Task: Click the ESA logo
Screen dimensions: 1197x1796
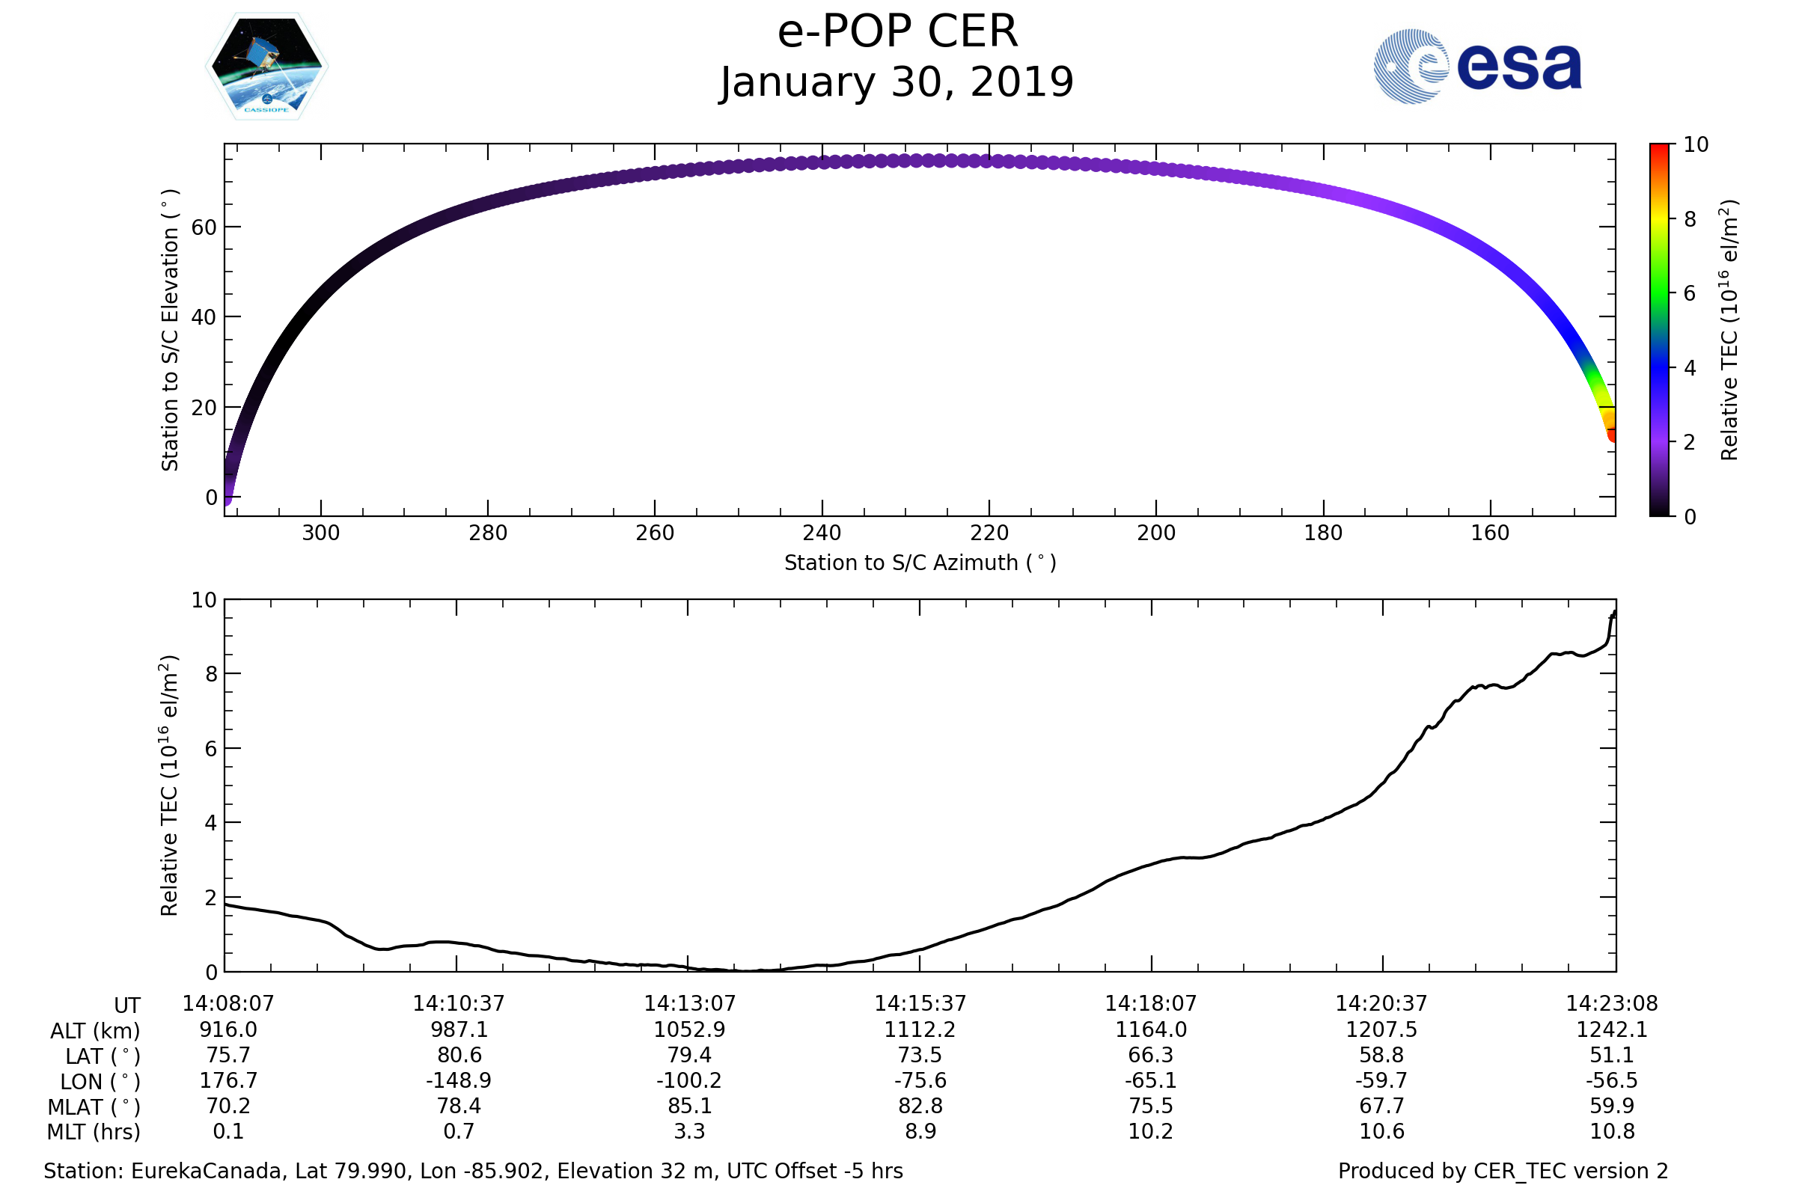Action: tap(1476, 67)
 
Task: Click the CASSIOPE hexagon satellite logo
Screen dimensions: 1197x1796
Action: tap(266, 67)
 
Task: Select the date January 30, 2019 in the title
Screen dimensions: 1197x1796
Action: tap(897, 82)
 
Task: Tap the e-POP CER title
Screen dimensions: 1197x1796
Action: tap(897, 32)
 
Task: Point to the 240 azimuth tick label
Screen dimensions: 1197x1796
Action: tap(822, 533)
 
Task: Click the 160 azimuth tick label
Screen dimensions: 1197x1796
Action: tap(1490, 533)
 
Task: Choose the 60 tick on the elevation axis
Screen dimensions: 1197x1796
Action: tap(204, 227)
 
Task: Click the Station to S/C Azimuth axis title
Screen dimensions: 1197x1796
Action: tap(920, 563)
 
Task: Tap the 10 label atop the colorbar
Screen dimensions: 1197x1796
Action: tap(1696, 144)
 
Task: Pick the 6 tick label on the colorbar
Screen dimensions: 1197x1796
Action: tap(1690, 293)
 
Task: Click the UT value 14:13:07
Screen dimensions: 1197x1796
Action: tap(688, 1004)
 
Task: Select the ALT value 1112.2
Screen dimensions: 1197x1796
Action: tap(920, 1030)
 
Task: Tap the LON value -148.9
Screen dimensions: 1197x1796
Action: tap(459, 1081)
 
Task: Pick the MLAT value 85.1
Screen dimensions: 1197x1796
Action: tap(688, 1106)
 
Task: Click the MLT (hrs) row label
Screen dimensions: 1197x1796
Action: tap(94, 1132)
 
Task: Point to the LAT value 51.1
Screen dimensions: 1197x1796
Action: tap(1611, 1055)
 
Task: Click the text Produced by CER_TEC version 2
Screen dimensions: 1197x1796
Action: tap(1503, 1172)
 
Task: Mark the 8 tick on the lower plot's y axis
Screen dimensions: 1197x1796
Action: tap(211, 674)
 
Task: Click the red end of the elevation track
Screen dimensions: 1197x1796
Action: tap(1612, 436)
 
